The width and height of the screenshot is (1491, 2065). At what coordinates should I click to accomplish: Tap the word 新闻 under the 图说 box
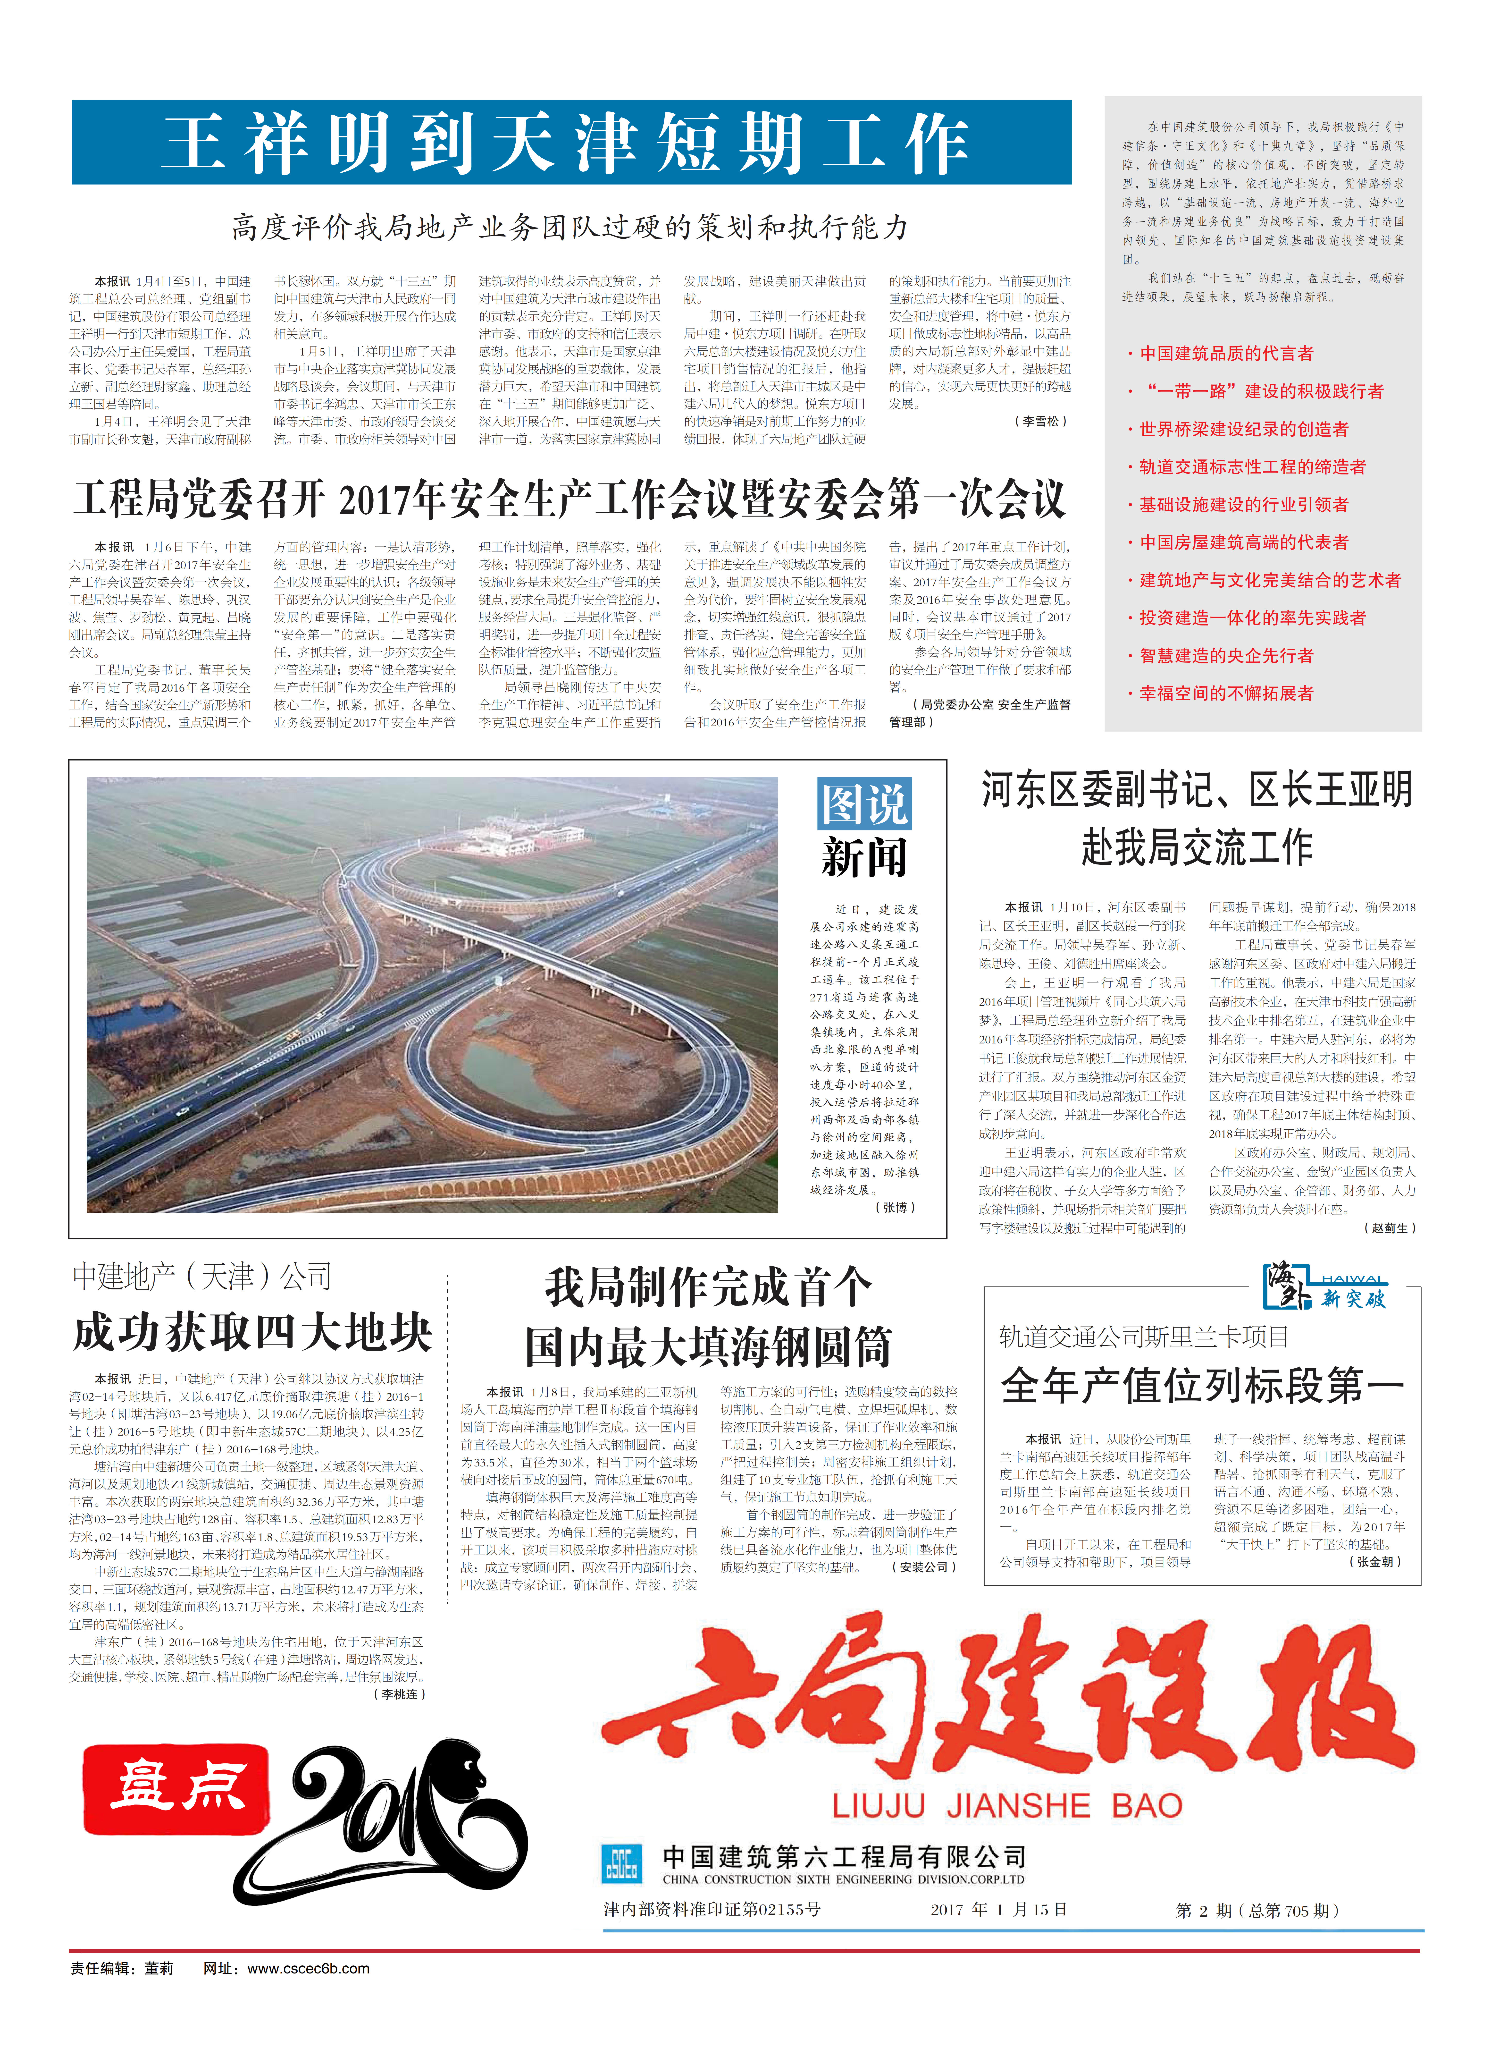click(863, 858)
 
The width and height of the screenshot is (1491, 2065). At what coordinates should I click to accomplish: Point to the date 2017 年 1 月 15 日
click(998, 1909)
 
